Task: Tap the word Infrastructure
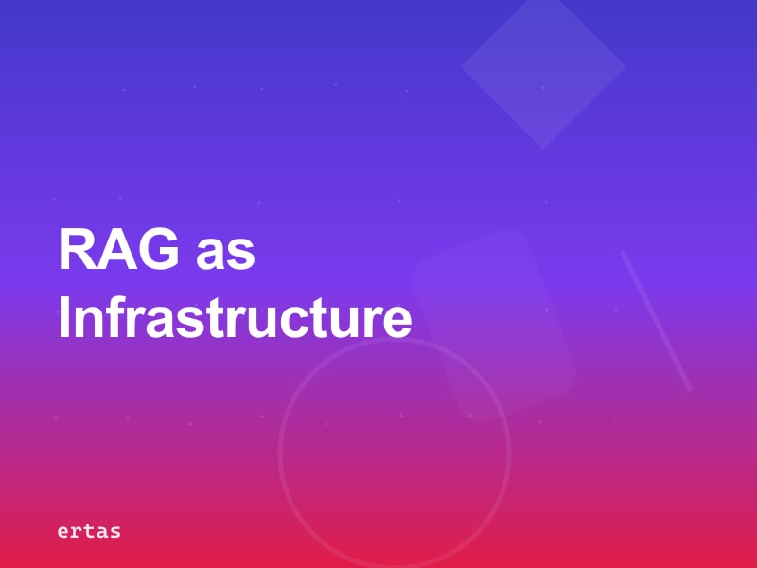[235, 319]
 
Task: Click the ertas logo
[89, 531]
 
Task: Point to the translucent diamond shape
[543, 68]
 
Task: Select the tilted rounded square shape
[494, 324]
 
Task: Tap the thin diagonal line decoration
[656, 320]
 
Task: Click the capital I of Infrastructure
[64, 319]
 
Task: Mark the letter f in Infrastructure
[116, 319]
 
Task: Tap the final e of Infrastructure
[397, 322]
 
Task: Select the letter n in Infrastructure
[90, 322]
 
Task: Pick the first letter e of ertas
[62, 532]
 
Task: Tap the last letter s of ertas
[115, 532]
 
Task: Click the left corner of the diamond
[464, 67]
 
